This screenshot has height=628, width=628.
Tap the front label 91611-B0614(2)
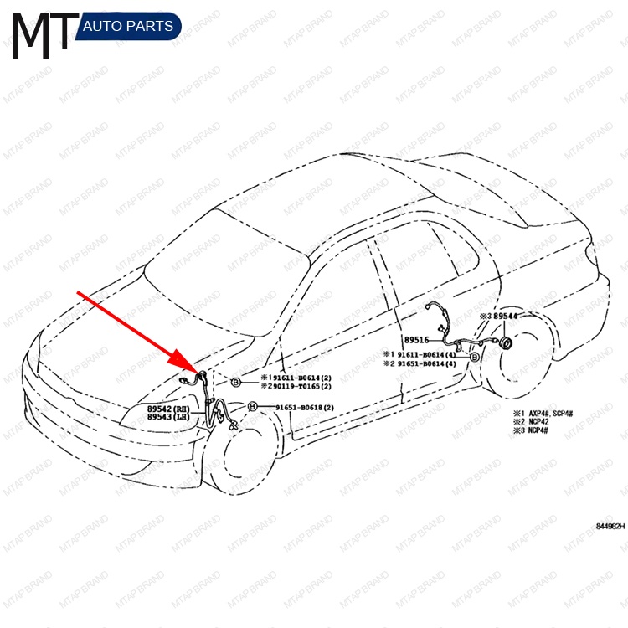296,378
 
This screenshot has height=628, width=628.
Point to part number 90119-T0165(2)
296,387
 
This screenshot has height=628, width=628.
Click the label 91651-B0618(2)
305,408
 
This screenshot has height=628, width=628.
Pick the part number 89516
416,341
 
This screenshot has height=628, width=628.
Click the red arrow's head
198,368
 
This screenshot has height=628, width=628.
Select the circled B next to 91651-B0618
251,407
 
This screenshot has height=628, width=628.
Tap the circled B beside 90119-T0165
236,383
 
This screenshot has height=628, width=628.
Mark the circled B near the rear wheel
475,357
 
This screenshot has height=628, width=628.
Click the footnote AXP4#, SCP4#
555,413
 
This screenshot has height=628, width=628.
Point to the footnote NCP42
537,421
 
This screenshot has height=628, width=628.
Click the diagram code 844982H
610,527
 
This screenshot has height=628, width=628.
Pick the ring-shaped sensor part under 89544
506,343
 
